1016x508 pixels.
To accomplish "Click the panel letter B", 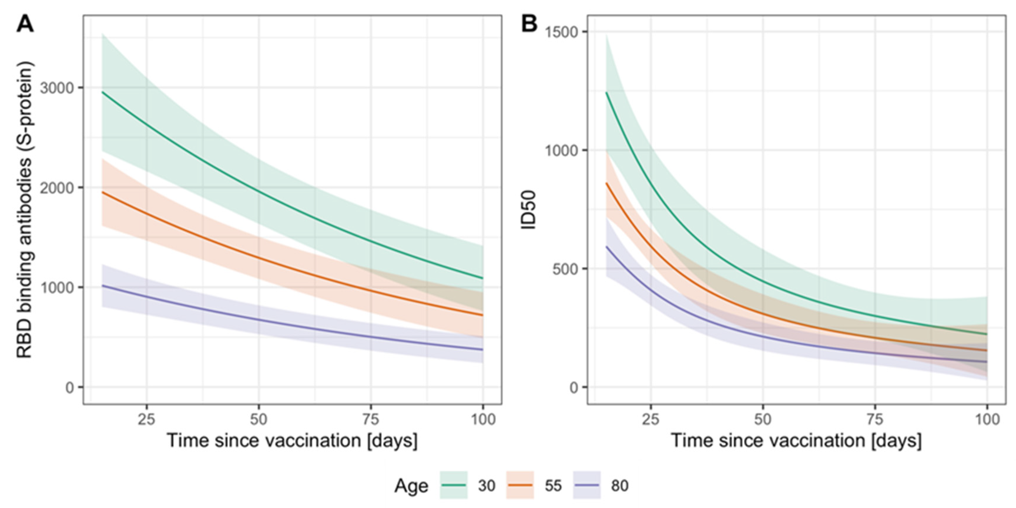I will coord(529,24).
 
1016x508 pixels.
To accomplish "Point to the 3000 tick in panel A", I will coord(57,88).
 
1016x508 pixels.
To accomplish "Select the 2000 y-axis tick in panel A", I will coord(57,188).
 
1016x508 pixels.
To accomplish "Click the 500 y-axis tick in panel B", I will coord(565,269).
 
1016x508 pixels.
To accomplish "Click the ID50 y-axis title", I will coord(529,210).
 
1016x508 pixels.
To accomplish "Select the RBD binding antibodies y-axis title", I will coord(24,210).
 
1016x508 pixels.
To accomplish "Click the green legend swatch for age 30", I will coord(454,485).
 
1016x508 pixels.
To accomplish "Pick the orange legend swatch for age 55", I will coord(520,485).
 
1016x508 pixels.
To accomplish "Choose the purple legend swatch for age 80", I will coord(586,485).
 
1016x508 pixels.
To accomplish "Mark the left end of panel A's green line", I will coord(103,92).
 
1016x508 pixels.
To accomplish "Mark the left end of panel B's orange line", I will coord(607,183).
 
